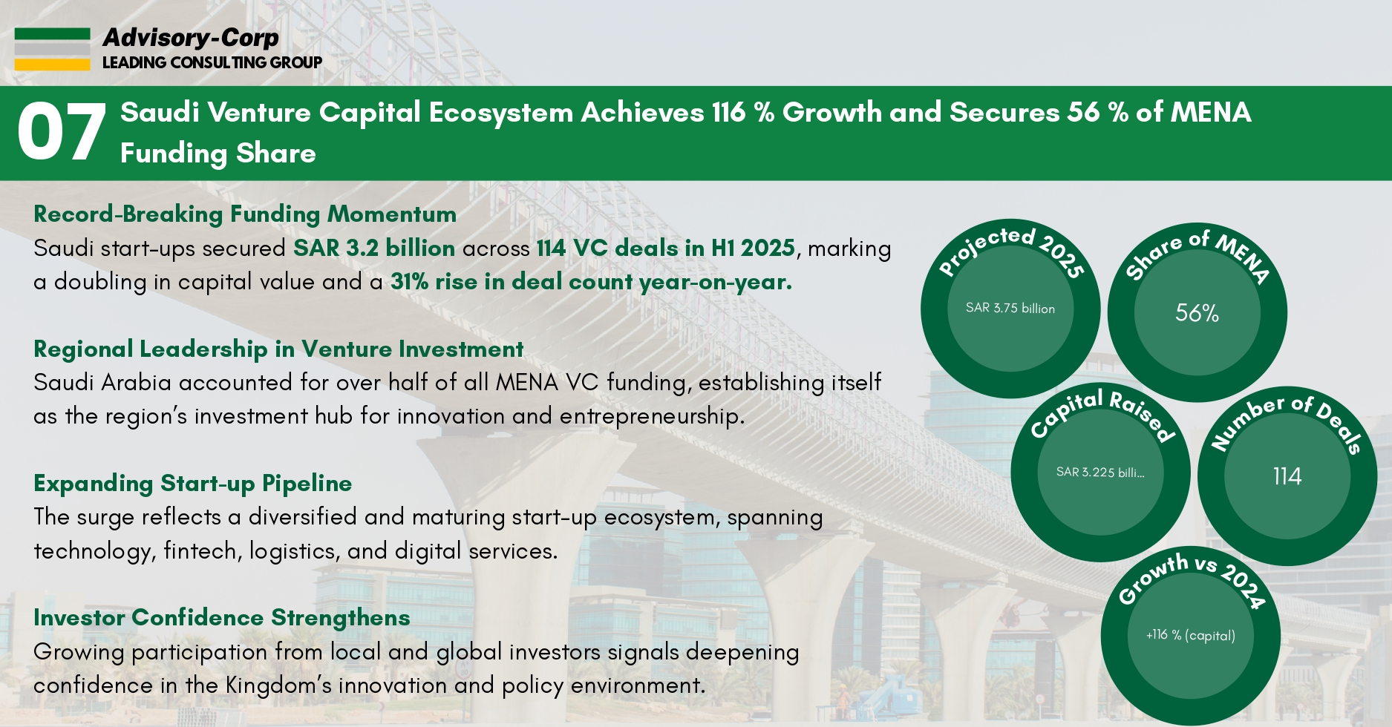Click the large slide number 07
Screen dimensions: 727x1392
tap(61, 133)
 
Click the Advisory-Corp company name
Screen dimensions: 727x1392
tap(191, 37)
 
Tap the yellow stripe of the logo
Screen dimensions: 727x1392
tap(52, 65)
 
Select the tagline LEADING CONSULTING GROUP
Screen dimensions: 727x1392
tap(212, 62)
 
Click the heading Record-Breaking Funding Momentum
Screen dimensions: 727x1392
tap(245, 214)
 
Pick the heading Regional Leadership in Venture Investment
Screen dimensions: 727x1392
tap(278, 349)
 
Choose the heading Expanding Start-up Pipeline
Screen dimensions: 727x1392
tap(193, 483)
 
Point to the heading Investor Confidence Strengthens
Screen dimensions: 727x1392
tap(221, 617)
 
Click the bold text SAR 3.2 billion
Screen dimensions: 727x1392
tap(374, 248)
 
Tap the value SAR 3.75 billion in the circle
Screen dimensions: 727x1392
tap(1010, 308)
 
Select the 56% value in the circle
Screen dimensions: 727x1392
tap(1197, 312)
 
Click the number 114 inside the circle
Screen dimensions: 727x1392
tap(1287, 476)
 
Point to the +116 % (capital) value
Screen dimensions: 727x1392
tap(1190, 635)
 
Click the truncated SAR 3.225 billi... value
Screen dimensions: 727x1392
tap(1100, 472)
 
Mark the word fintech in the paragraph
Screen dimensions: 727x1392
tap(202, 551)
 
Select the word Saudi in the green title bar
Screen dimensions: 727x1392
tap(160, 112)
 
